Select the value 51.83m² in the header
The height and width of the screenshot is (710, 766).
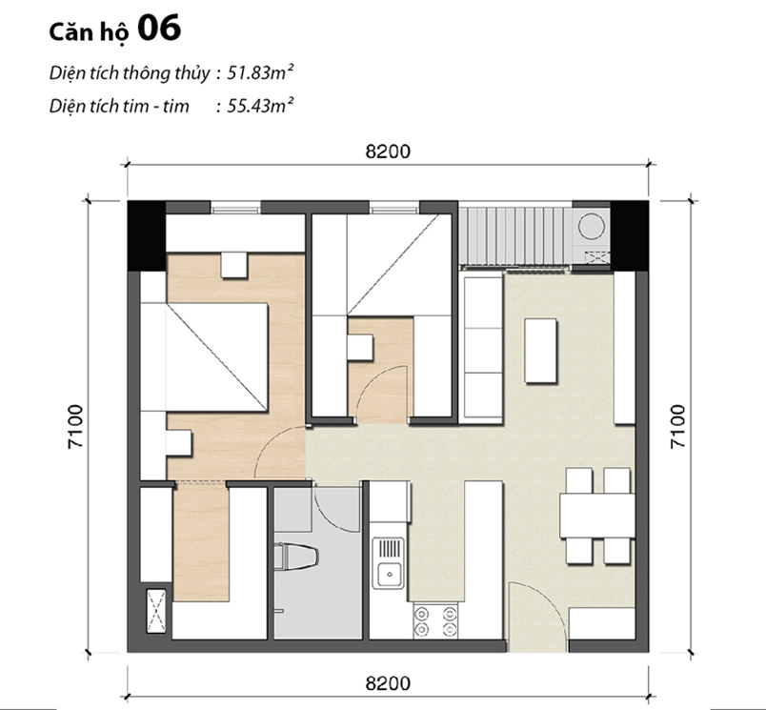coord(258,72)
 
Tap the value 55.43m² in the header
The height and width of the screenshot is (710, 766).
coord(258,105)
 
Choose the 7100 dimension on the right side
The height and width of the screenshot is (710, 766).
coord(677,426)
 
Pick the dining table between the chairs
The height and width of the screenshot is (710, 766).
coord(595,516)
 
